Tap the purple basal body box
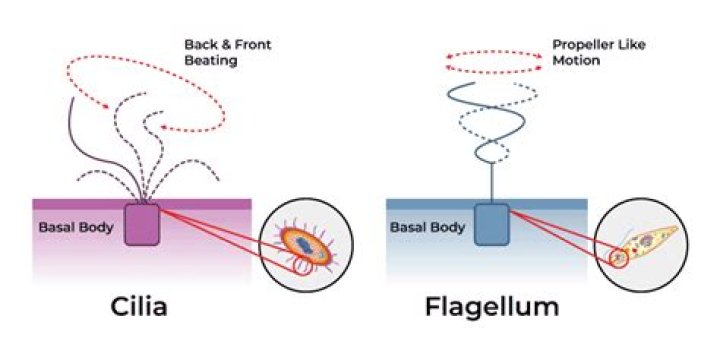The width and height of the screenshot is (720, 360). tap(143, 225)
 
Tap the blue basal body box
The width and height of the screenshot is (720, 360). tap(491, 221)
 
